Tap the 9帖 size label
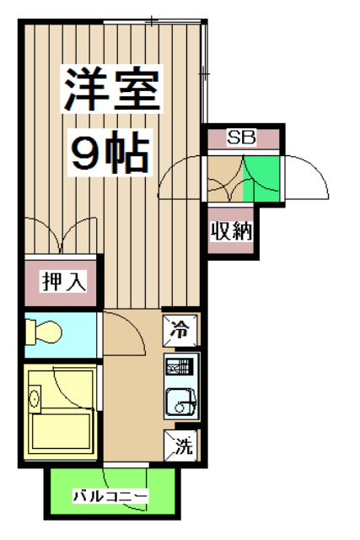point(110,153)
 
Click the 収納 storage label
point(231,230)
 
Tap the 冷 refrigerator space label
point(181,329)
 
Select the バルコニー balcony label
point(111,496)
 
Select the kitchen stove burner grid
point(180,367)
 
